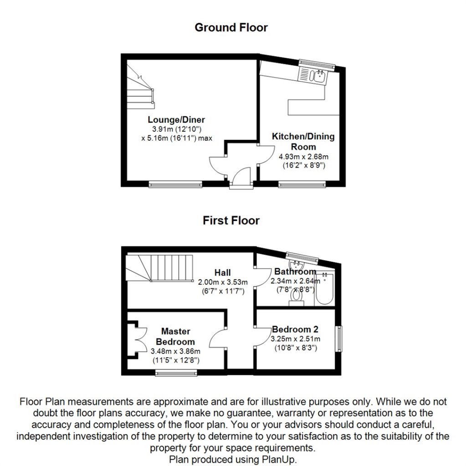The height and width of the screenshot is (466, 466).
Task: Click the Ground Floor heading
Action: [x=231, y=27]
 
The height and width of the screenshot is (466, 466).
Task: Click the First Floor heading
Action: [x=231, y=221]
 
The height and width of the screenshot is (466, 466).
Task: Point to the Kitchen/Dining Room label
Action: [x=303, y=141]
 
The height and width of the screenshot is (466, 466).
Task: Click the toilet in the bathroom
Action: [x=297, y=295]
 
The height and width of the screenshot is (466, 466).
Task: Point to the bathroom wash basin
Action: [x=297, y=265]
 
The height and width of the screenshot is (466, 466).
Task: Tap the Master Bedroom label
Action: [x=175, y=336]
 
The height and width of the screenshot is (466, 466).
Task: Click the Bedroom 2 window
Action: [x=339, y=338]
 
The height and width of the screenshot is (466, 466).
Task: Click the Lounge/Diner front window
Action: [x=175, y=184]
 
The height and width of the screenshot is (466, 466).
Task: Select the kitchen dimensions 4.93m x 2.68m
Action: [x=303, y=157]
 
